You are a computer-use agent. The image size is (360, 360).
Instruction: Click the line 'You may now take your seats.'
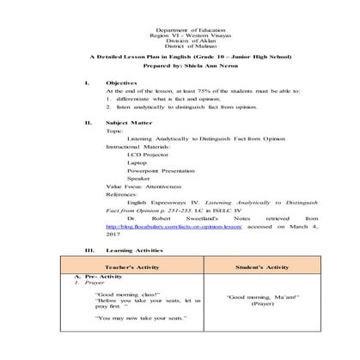tap(120, 320)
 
